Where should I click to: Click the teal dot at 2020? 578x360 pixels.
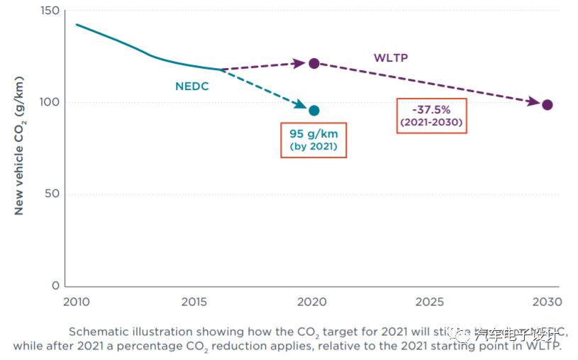click(313, 110)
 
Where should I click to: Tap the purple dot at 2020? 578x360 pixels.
click(313, 63)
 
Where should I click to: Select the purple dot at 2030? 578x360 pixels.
click(547, 105)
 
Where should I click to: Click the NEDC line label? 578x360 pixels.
click(192, 86)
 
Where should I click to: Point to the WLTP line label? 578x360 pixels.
click(391, 57)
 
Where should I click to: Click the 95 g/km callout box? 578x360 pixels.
click(313, 140)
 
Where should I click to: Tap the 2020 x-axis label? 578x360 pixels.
click(313, 302)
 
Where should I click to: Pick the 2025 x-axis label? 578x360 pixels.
click(430, 302)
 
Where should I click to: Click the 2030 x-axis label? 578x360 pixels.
click(547, 302)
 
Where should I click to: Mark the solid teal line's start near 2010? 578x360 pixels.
click(77, 25)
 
